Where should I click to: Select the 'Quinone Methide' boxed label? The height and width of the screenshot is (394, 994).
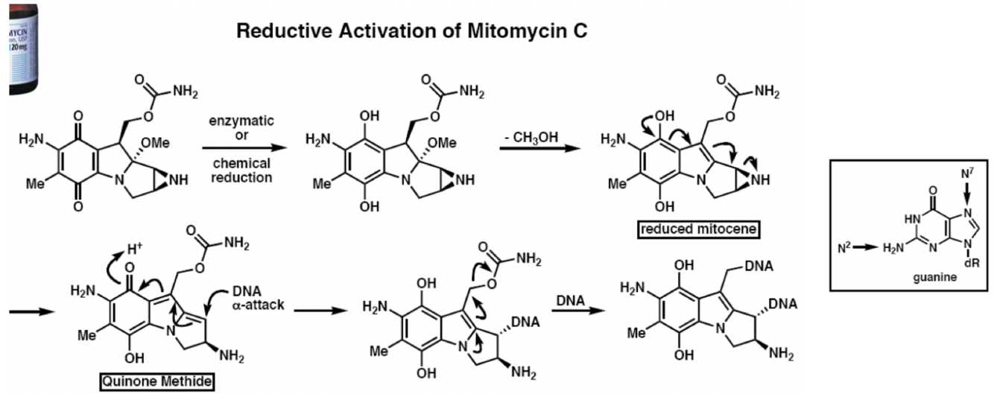(x=157, y=384)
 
